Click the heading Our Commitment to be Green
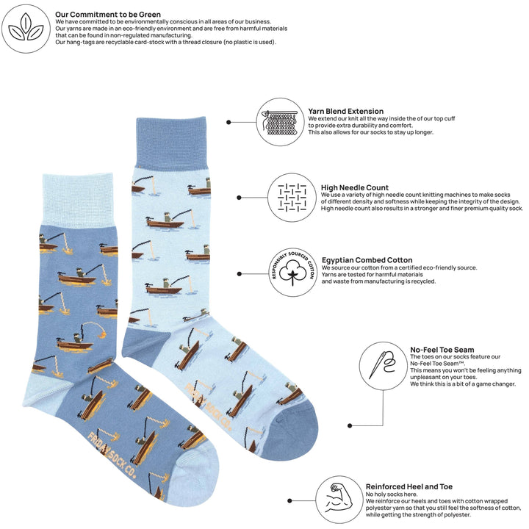click(108, 14)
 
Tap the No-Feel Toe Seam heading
click(442, 350)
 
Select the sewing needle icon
click(384, 365)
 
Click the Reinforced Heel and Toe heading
click(409, 486)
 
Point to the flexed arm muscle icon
click(339, 497)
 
